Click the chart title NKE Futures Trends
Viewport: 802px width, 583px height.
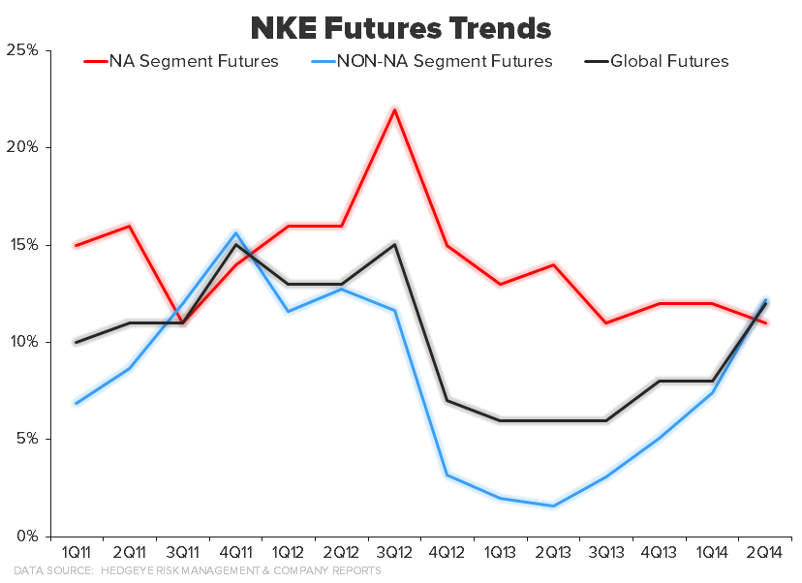400,26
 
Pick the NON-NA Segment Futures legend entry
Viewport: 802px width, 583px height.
444,62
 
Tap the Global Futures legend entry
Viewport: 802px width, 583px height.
669,62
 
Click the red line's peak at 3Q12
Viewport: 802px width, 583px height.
394,108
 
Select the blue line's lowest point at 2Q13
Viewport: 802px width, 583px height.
553,506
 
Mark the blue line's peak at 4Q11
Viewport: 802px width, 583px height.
235,232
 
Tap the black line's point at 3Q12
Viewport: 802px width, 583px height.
394,244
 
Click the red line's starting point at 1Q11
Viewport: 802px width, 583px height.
76,245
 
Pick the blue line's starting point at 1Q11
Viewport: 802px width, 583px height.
76,403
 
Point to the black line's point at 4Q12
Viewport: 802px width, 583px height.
447,400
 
